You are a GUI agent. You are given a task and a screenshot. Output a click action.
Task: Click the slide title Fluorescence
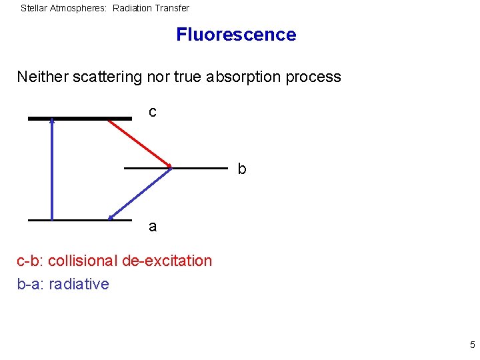coord(236,35)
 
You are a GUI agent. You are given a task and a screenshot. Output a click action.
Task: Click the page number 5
coord(472,345)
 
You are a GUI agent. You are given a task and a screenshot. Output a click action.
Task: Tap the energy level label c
coord(153,112)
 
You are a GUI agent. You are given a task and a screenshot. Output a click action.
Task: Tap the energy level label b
coord(242,169)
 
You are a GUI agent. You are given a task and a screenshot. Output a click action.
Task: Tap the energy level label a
coord(153,227)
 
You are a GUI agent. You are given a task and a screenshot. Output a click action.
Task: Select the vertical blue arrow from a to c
coord(52,170)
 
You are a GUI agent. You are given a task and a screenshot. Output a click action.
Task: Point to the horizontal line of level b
coord(200,168)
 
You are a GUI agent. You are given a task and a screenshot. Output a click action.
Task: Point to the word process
coord(313,77)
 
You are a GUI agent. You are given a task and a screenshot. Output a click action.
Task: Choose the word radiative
coord(79,284)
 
